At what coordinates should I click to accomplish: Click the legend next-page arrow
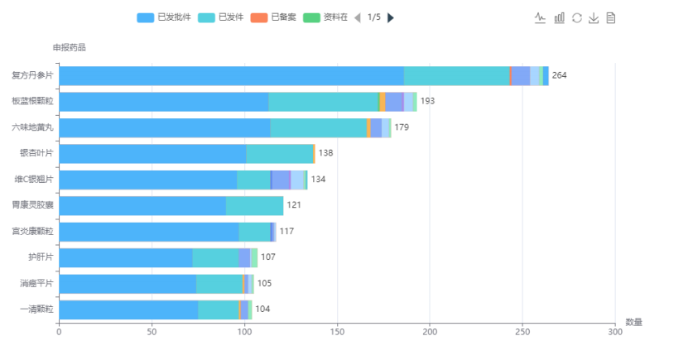pyautogui.click(x=391, y=17)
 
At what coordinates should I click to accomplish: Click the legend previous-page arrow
pyautogui.click(x=357, y=17)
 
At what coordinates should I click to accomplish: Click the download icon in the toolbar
pyautogui.click(x=594, y=17)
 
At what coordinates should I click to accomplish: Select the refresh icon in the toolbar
pyautogui.click(x=576, y=17)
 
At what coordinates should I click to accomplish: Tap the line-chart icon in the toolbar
pyautogui.click(x=541, y=17)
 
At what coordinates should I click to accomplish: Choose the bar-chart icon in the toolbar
pyautogui.click(x=559, y=17)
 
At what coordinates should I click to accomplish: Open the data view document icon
pyautogui.click(x=611, y=17)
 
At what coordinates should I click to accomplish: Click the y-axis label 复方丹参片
pyautogui.click(x=32, y=75)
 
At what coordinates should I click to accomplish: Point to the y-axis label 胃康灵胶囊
pyautogui.click(x=32, y=205)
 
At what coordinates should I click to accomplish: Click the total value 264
pyautogui.click(x=559, y=75)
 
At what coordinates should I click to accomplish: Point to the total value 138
pyautogui.click(x=325, y=153)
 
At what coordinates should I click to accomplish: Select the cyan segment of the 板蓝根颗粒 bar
pyautogui.click(x=323, y=101)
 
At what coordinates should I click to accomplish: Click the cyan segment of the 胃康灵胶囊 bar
pyautogui.click(x=254, y=205)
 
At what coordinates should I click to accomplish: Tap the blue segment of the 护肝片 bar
pyautogui.click(x=125, y=257)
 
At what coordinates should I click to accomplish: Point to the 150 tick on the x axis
pyautogui.click(x=337, y=332)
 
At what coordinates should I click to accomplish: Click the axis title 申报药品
pyautogui.click(x=69, y=47)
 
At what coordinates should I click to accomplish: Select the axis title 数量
pyautogui.click(x=633, y=321)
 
